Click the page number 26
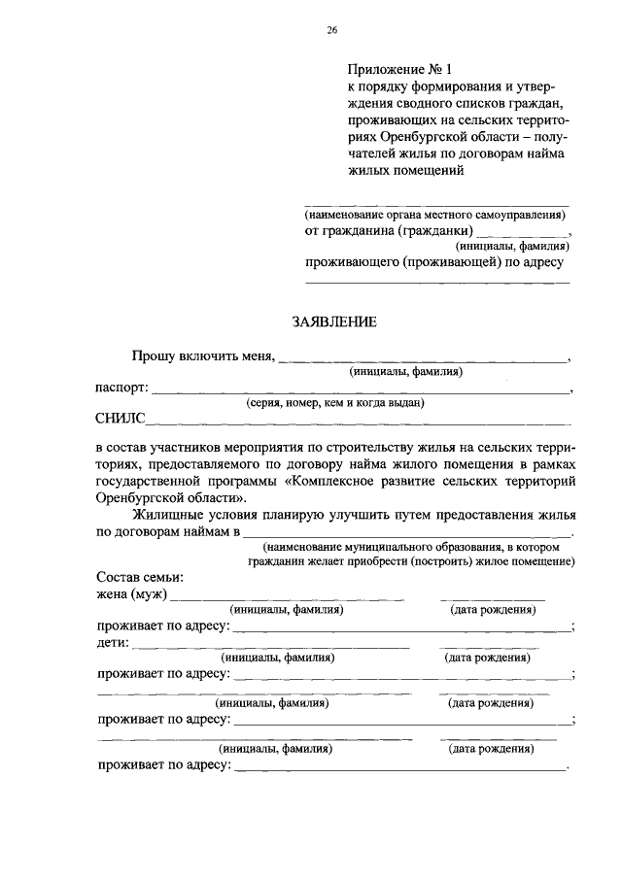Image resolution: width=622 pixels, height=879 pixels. coord(331,31)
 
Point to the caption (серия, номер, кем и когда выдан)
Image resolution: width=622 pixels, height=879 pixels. coord(335,402)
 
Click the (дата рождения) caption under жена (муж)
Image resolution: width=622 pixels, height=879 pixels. coord(493,609)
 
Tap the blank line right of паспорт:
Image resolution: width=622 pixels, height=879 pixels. coord(359,390)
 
